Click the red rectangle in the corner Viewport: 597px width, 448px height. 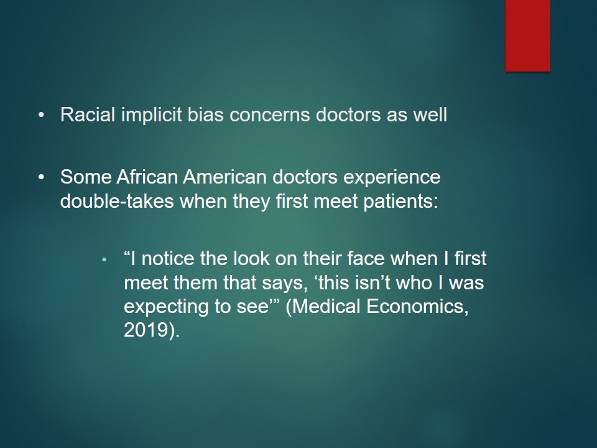tap(528, 35)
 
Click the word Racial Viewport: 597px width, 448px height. tap(88, 114)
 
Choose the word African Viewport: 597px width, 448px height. tap(147, 177)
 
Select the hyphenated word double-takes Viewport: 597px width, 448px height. tap(117, 201)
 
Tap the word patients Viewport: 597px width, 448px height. tap(400, 202)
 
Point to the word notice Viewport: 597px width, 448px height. tap(167, 259)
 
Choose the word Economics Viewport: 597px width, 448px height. tap(417, 307)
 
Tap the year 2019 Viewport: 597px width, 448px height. tap(146, 330)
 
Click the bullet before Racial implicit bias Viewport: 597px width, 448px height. tap(42, 114)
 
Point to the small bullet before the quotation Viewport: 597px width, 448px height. tap(104, 260)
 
